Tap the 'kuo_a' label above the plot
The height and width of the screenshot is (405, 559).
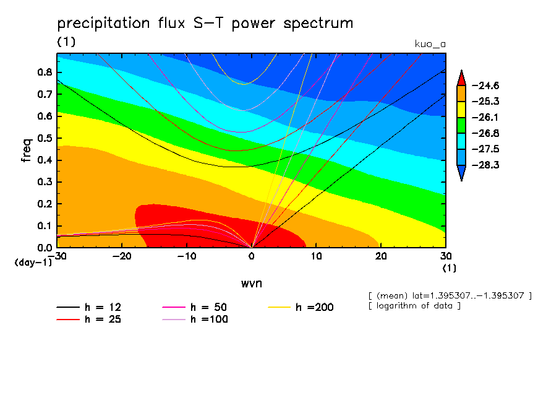pos(430,44)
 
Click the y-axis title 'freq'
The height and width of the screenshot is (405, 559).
pos(26,150)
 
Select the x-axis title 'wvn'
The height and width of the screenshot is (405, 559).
pos(251,282)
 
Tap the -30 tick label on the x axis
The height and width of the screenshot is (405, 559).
pos(57,256)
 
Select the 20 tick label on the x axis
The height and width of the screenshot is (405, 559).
pos(381,256)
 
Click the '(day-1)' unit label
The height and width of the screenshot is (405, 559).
pos(33,263)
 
